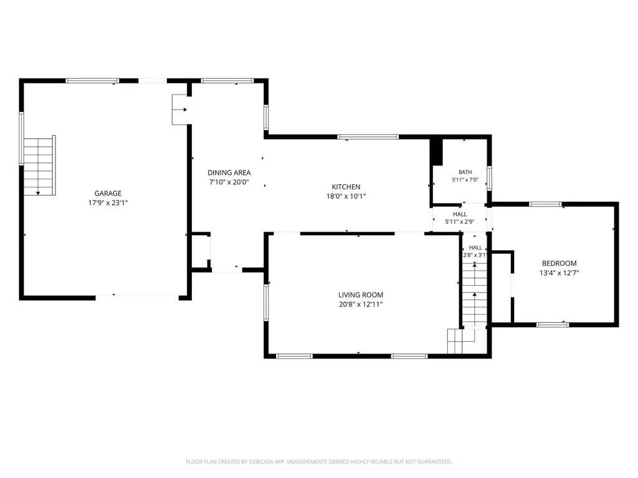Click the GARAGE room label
click(108, 194)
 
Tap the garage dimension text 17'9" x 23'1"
click(108, 203)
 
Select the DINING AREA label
click(229, 173)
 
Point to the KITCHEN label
click(346, 187)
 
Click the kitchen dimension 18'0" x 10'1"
click(346, 196)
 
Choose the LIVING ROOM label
click(361, 295)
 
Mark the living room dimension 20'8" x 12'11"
click(361, 304)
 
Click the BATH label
click(465, 172)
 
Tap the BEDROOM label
click(559, 263)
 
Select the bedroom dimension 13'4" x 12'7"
click(559, 273)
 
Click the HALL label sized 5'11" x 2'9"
click(460, 214)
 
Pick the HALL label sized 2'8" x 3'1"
click(475, 248)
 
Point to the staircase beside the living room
click(474, 294)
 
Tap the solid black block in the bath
click(437, 152)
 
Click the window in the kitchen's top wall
click(368, 137)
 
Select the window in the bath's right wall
click(490, 178)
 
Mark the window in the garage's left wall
click(22, 138)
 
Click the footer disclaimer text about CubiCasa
click(318, 462)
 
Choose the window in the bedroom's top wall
click(545, 204)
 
